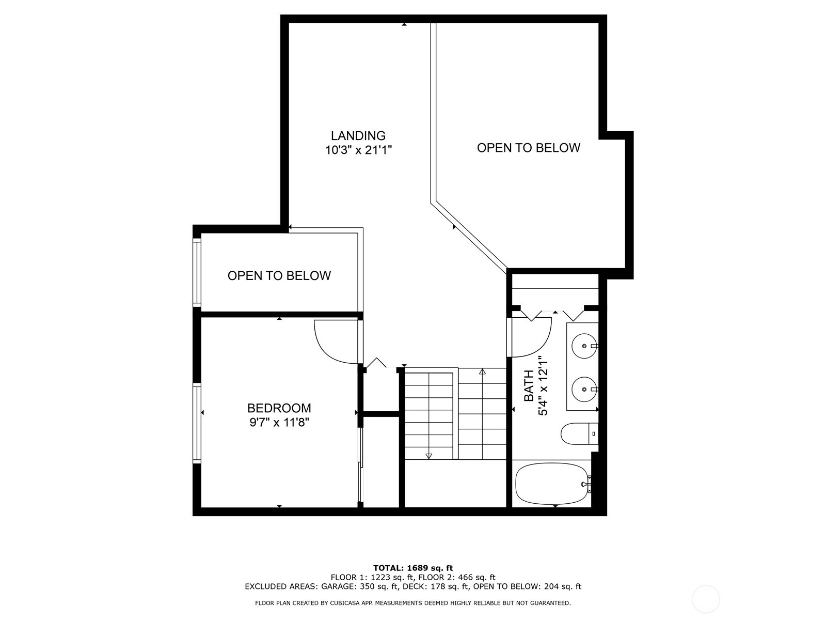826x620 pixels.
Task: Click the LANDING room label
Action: (358, 135)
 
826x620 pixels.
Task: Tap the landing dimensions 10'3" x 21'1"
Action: (358, 150)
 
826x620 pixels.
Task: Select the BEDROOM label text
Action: (279, 408)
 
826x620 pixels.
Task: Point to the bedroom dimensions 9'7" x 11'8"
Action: (279, 422)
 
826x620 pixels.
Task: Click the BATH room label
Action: (529, 385)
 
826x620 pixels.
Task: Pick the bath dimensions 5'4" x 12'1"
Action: (543, 385)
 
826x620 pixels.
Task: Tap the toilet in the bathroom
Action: (579, 433)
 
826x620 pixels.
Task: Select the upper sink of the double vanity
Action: (584, 346)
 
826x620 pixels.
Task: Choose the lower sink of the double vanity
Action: (584, 389)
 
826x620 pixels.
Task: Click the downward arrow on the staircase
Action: (428, 456)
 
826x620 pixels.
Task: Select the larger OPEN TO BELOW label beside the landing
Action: (528, 148)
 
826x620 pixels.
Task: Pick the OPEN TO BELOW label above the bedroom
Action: (279, 276)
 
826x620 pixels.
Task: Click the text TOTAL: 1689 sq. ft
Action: (413, 568)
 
